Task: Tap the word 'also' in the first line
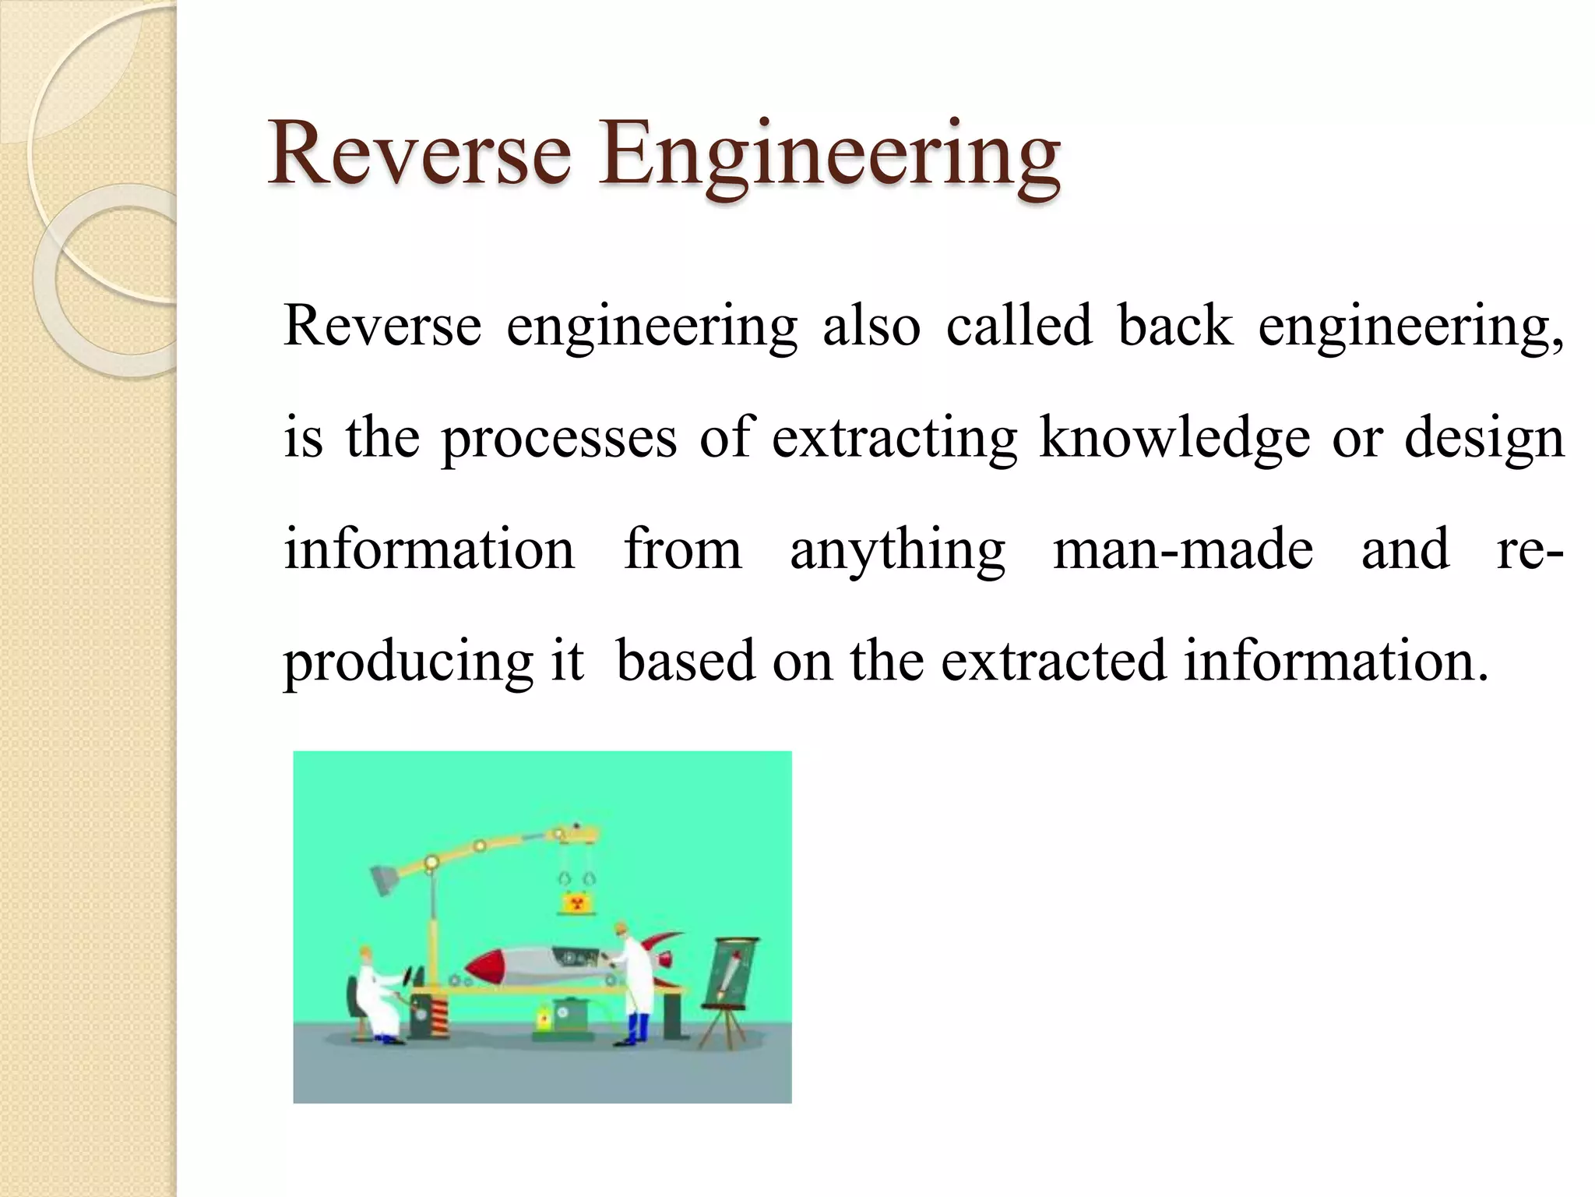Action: coord(871,326)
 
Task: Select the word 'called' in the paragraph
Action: coord(1019,326)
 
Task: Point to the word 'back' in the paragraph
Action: coord(1175,326)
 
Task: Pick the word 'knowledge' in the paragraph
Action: coord(1174,438)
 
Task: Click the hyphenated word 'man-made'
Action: coord(1183,549)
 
